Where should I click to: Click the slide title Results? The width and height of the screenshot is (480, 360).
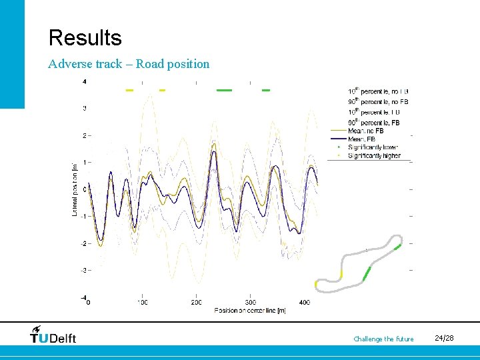(x=85, y=37)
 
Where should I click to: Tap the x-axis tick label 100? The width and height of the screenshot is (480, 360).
(x=142, y=303)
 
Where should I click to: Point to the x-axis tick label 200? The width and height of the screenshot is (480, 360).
(x=196, y=303)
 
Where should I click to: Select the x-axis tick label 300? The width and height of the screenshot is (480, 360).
(x=250, y=303)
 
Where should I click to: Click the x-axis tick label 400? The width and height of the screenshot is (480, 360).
(x=304, y=303)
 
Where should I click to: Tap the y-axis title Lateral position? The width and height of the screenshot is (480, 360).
(x=75, y=189)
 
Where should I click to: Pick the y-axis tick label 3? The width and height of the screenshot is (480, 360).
(x=83, y=108)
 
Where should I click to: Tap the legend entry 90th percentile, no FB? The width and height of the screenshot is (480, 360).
(x=378, y=101)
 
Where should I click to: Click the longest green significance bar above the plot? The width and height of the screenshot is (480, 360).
(x=224, y=90)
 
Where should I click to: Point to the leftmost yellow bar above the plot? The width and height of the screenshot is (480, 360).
(x=130, y=90)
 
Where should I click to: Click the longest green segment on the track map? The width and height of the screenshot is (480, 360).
(x=366, y=273)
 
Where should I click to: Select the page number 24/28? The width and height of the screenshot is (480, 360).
(x=445, y=339)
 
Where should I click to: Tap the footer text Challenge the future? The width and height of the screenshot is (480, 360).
(x=383, y=339)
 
